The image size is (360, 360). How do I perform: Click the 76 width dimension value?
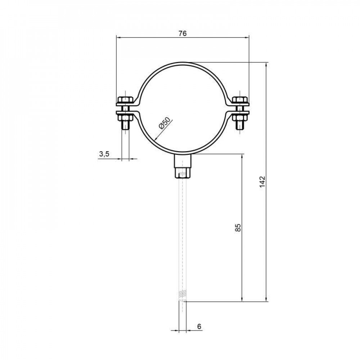click(183, 33)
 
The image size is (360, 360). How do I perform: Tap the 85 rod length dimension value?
click(238, 228)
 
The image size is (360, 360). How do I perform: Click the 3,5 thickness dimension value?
click(104, 154)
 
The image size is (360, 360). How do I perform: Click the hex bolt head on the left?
click(125, 99)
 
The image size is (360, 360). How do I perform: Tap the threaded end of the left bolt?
click(125, 126)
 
